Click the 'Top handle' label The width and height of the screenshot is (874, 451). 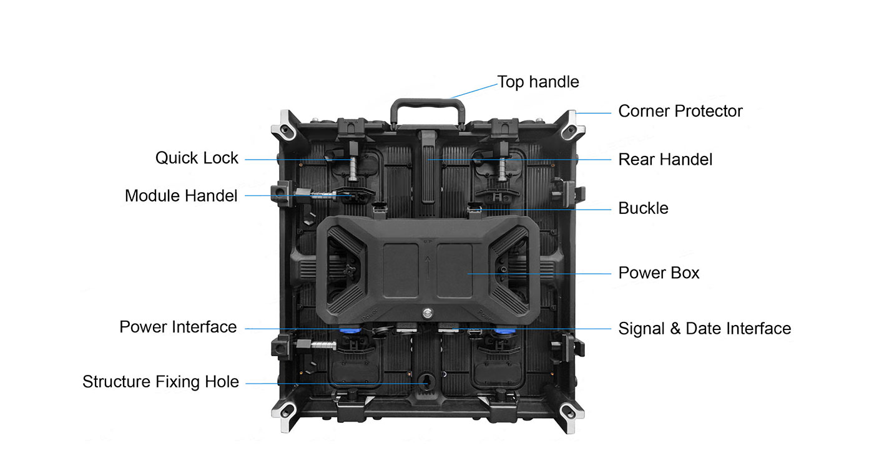pyautogui.click(x=538, y=82)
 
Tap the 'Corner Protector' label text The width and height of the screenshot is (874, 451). pyautogui.click(x=680, y=111)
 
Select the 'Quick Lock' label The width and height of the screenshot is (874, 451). pyautogui.click(x=197, y=158)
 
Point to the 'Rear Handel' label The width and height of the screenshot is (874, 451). pyautogui.click(x=665, y=160)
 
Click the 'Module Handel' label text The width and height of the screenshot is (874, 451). pyautogui.click(x=181, y=196)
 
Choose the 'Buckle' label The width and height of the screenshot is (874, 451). pyautogui.click(x=644, y=208)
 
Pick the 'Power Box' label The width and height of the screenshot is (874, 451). pyautogui.click(x=659, y=273)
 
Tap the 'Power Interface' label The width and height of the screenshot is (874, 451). pyautogui.click(x=178, y=327)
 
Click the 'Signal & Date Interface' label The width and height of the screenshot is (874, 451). pyautogui.click(x=705, y=329)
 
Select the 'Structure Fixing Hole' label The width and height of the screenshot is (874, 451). pyautogui.click(x=161, y=382)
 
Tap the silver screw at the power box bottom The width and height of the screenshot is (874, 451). pyautogui.click(x=428, y=313)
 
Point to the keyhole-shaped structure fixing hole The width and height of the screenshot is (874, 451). pyautogui.click(x=426, y=382)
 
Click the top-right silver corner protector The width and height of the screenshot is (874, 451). pyautogui.click(x=572, y=125)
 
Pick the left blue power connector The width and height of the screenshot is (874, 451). pyautogui.click(x=350, y=331)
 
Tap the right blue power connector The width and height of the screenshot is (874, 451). pyautogui.click(x=505, y=331)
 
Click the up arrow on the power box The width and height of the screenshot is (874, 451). pyautogui.click(x=428, y=267)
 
